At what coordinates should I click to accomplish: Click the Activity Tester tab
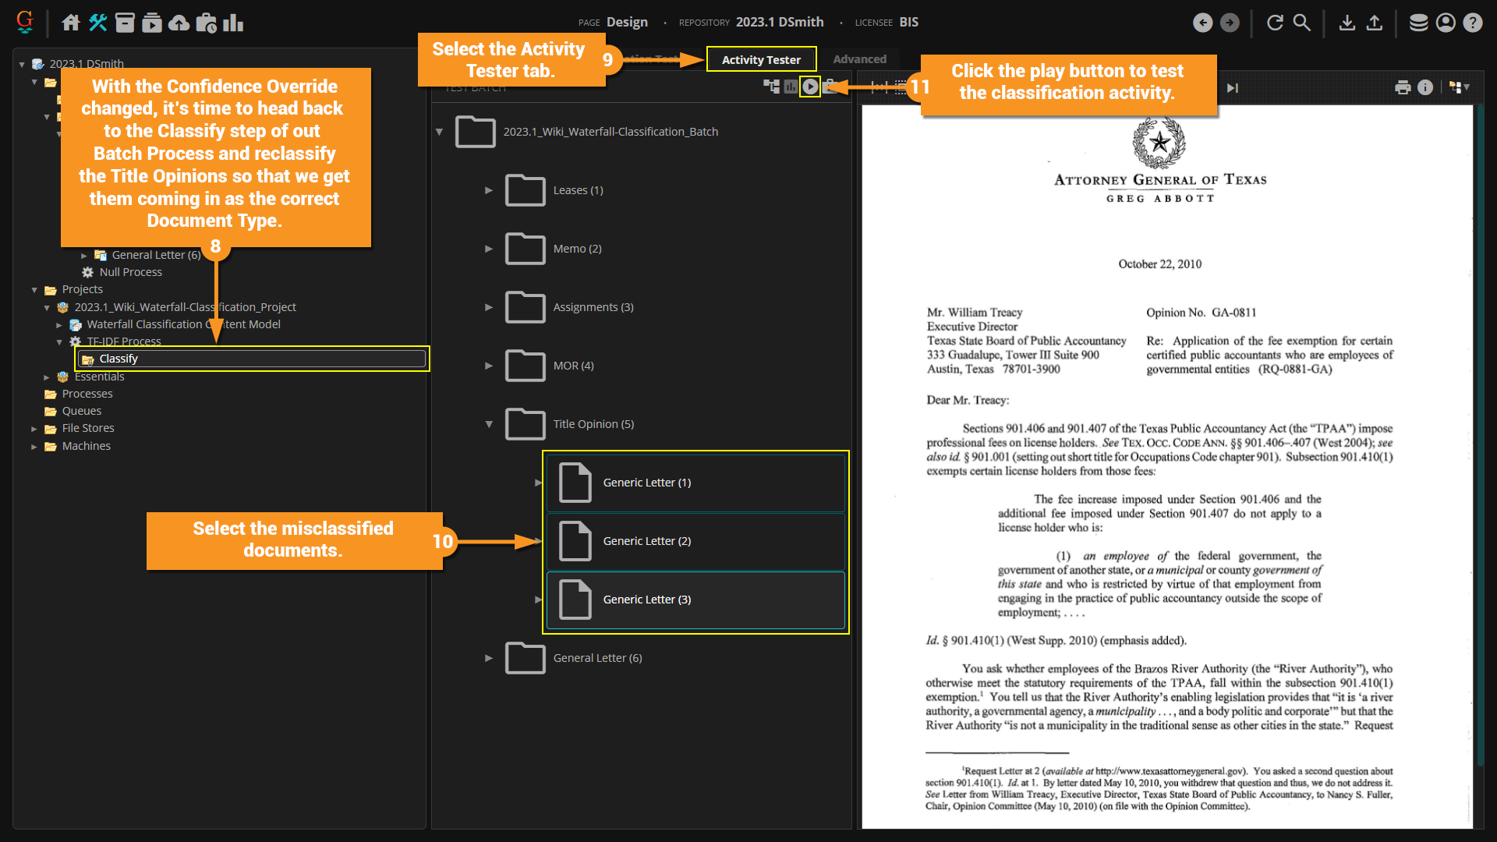pos(761,60)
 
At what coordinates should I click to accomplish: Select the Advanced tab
pos(859,59)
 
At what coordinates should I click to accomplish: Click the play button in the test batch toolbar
pos(811,87)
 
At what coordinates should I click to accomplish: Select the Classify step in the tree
pos(119,359)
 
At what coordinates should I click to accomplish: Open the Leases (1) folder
pos(577,190)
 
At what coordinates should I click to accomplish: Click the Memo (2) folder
pos(576,249)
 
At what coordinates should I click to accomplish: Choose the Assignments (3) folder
pos(593,307)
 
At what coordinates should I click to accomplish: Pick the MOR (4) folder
pos(572,366)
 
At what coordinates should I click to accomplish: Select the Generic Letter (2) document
pos(646,541)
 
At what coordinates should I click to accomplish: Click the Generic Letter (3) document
pos(646,600)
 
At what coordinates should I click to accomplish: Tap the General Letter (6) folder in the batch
pos(596,658)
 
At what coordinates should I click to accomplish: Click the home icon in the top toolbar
pos(71,23)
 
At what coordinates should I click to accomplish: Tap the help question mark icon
pos(1472,23)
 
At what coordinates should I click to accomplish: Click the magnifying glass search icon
pos(1302,23)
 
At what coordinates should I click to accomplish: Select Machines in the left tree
pos(86,446)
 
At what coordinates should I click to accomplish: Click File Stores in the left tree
pos(88,428)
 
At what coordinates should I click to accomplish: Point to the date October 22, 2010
pos(1159,264)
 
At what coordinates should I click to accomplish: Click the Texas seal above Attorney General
pos(1159,143)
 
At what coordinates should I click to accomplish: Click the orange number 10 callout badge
pos(442,541)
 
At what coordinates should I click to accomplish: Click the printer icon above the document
pos(1403,87)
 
